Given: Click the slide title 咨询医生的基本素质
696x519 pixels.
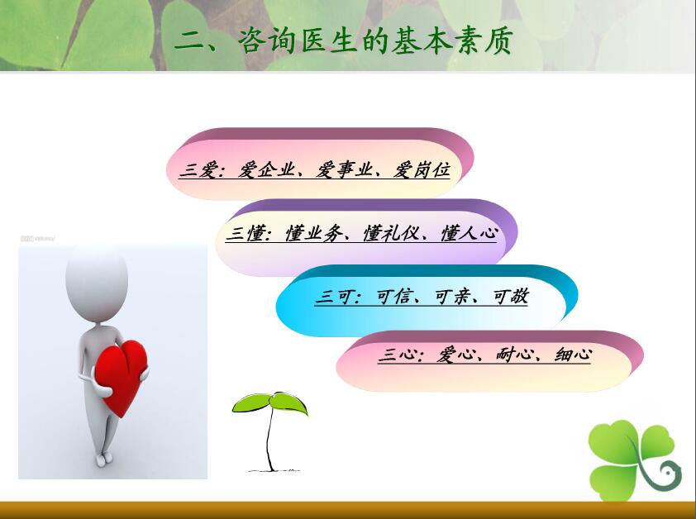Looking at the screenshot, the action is [x=375, y=40].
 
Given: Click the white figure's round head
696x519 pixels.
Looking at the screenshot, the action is [x=97, y=283].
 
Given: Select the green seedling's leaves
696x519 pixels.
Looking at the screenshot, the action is [x=269, y=403].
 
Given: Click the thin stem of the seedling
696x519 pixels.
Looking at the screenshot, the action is [x=269, y=440].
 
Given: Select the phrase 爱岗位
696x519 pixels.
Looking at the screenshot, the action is [x=422, y=169].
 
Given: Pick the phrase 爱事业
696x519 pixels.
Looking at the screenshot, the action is [x=344, y=169].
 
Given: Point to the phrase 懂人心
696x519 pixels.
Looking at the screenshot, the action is [x=469, y=233].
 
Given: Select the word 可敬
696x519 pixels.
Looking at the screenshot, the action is [x=511, y=297].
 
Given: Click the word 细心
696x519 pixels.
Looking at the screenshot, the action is [x=573, y=355].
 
